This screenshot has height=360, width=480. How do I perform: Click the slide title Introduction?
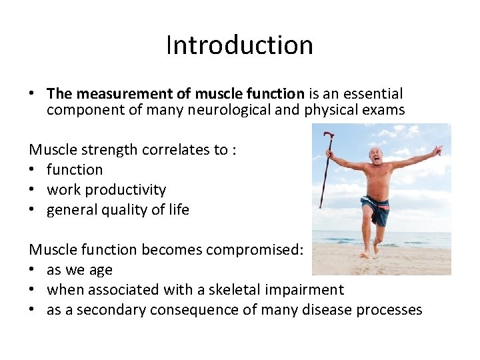[x=239, y=45]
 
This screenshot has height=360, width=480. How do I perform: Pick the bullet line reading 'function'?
[x=75, y=170]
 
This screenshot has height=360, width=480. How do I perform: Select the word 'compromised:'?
[x=255, y=250]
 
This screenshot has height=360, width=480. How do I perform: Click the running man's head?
[x=378, y=157]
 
